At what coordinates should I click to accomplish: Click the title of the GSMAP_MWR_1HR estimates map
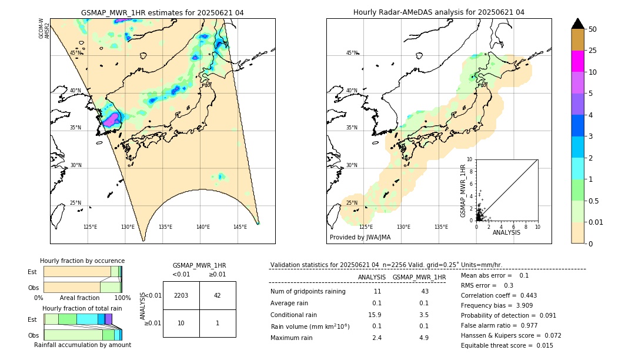tap(162, 12)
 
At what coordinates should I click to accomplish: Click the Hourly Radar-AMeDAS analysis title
tap(439, 12)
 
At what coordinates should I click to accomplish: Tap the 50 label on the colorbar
tap(593, 29)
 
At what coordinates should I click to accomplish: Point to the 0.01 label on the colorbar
tap(596, 222)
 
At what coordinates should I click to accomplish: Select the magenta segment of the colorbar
tap(578, 61)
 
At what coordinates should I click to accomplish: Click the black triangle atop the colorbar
tap(578, 24)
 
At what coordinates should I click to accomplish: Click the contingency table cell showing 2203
tap(181, 295)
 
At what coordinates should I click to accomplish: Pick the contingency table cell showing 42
tap(218, 295)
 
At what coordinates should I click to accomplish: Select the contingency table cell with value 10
tap(181, 323)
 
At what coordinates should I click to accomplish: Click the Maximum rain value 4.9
tap(423, 338)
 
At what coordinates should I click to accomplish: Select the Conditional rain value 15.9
tap(376, 315)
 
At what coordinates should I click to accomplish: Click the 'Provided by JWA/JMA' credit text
tap(360, 237)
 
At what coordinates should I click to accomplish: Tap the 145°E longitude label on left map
tap(240, 227)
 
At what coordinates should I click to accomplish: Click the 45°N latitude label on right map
tap(352, 53)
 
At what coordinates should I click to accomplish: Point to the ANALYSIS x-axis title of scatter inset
tap(506, 232)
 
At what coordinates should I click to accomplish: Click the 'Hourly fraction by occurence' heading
tap(82, 261)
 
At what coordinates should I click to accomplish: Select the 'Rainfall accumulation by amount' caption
tap(82, 345)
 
